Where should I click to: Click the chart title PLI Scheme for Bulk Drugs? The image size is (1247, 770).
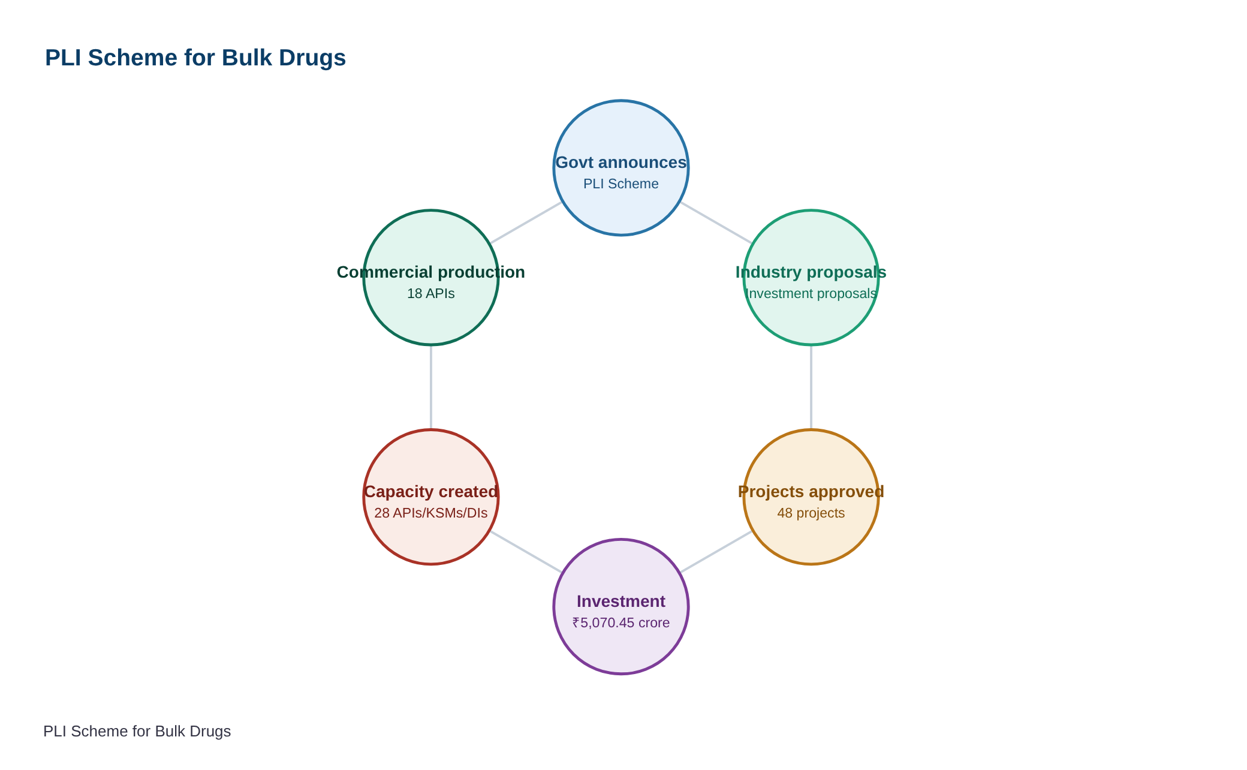tap(195, 58)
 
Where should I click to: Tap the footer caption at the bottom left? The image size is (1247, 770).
tap(137, 732)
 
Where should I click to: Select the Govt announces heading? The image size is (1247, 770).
tap(621, 163)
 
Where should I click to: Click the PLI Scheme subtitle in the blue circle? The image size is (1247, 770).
tap(621, 184)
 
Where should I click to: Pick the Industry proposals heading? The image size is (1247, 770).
tap(811, 272)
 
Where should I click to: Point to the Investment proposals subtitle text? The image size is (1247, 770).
tap(811, 294)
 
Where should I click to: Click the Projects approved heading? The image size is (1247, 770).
tap(811, 492)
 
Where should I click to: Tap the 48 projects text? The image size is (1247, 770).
tap(811, 513)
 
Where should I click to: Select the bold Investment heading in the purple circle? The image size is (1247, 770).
tap(621, 601)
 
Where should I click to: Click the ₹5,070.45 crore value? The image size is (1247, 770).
tap(621, 623)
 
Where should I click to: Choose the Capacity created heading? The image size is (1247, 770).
tap(431, 492)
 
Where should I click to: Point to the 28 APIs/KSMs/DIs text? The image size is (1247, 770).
tap(431, 513)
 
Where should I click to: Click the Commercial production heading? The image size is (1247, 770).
tap(431, 272)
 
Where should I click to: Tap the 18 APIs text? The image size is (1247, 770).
tap(431, 294)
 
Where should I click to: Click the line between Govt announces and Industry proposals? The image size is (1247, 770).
tap(716, 222)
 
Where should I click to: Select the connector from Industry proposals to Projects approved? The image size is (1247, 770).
tap(811, 387)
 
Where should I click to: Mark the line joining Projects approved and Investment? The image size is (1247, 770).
tap(716, 552)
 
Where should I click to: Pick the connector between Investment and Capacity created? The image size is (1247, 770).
tap(526, 552)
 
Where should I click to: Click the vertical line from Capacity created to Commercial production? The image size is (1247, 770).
tap(431, 387)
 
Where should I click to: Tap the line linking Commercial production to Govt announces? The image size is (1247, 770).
tap(526, 222)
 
